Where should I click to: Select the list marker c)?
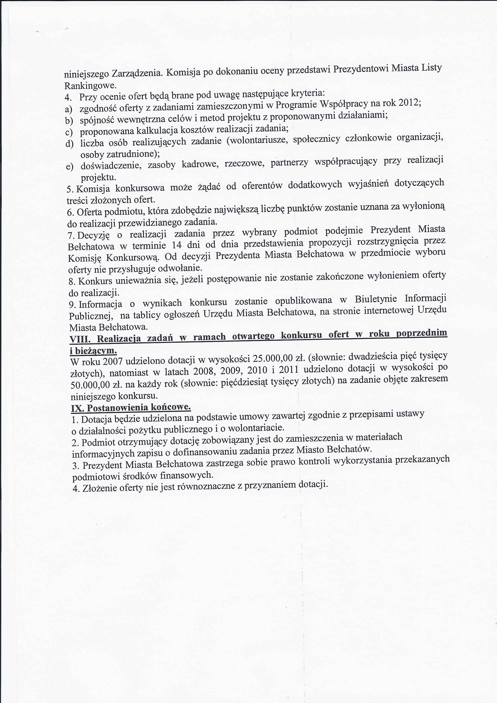(69, 132)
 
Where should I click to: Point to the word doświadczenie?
(111, 166)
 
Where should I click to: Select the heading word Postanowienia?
(118, 408)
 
